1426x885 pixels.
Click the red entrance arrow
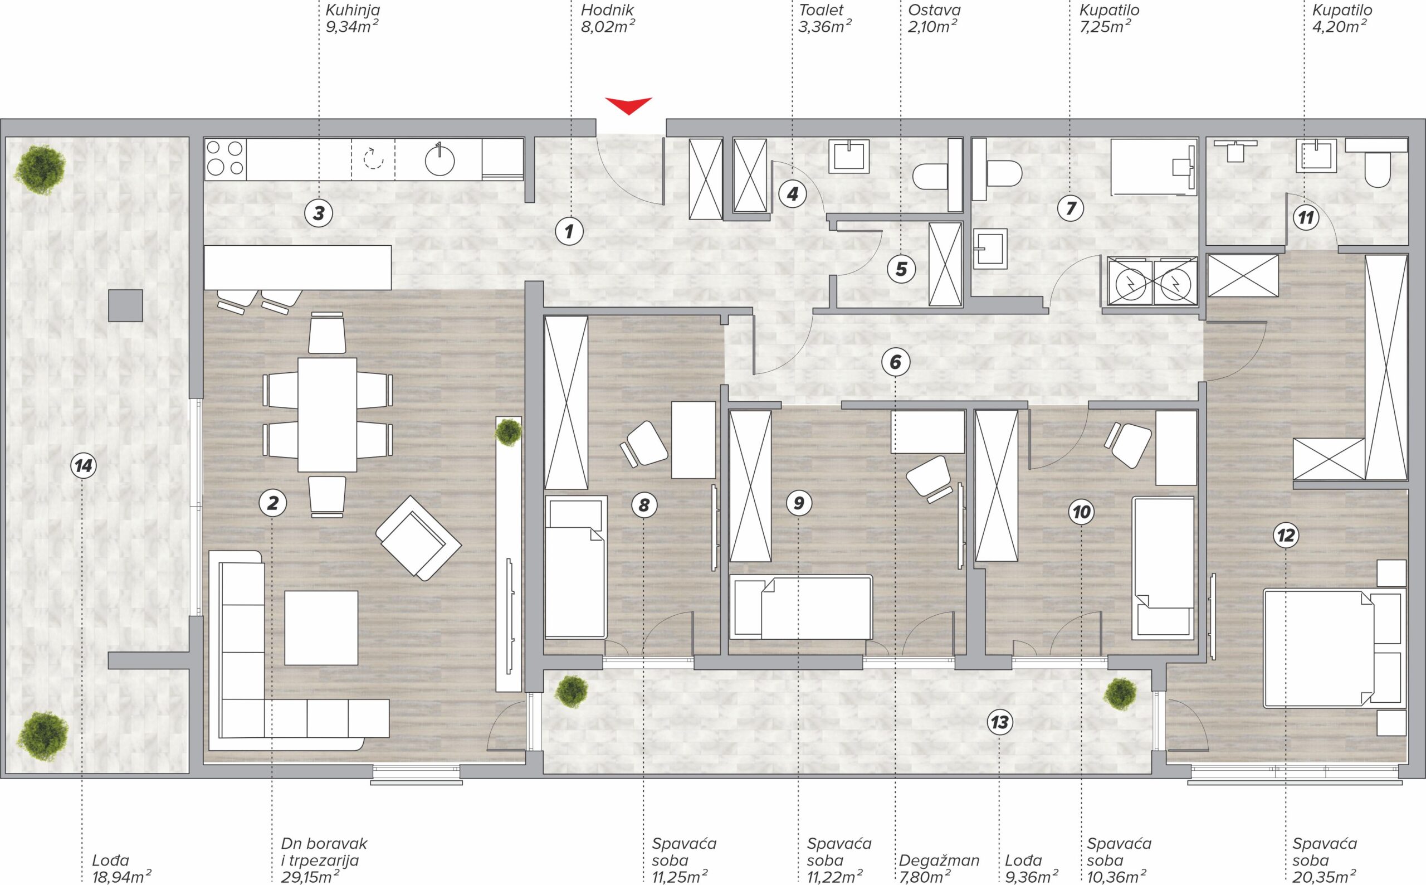click(x=628, y=106)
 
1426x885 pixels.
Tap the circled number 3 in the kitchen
click(x=319, y=213)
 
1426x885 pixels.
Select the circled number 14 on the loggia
click(x=84, y=466)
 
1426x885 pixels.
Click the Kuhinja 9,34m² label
click(x=352, y=18)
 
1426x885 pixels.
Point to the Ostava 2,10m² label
click(x=934, y=18)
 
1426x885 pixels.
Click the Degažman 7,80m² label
click(x=939, y=869)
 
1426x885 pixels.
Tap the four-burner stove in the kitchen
click(x=225, y=159)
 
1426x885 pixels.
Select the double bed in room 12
click(x=1334, y=649)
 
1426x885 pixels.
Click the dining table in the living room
click(x=327, y=415)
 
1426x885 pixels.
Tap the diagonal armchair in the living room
click(x=418, y=538)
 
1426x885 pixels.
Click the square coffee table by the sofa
click(x=321, y=628)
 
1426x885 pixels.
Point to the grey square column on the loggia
click(x=126, y=305)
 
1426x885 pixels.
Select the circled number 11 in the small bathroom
click(x=1306, y=219)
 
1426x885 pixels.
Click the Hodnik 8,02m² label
click(x=608, y=18)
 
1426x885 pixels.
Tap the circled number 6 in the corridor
click(x=896, y=362)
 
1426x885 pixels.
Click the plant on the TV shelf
click(x=508, y=432)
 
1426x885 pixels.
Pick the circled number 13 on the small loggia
click(x=1000, y=722)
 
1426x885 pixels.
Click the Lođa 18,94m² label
click(x=121, y=869)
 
